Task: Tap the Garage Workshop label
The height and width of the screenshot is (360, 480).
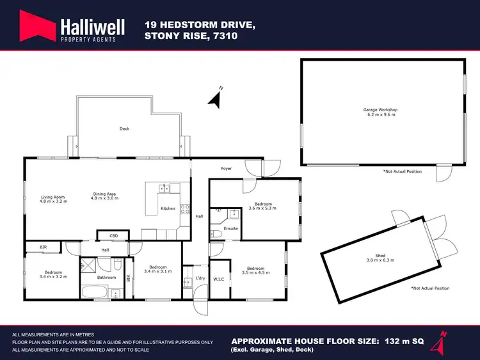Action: pos(381,112)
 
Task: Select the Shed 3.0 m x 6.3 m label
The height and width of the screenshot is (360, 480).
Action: pos(385,258)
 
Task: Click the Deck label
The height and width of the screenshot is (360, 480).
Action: pos(124,129)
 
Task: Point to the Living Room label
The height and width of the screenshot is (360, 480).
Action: pos(54,199)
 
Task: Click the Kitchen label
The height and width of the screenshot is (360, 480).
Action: pos(168,208)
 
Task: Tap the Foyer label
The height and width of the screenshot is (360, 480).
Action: pos(226,169)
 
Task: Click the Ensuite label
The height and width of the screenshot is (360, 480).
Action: pos(231,228)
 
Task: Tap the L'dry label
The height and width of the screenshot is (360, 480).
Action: pos(199,278)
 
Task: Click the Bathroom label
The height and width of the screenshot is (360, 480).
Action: pos(106,278)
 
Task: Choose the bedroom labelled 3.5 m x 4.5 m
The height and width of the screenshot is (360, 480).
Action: pos(255,270)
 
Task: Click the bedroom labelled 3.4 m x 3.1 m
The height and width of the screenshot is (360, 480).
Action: pos(157,269)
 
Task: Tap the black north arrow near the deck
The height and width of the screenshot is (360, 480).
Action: pos(216,98)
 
